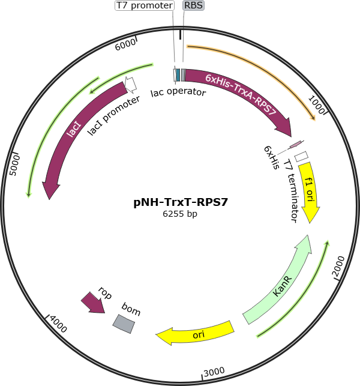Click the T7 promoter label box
(145, 5)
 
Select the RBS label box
(193, 5)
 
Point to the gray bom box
(124, 324)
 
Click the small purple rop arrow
(93, 303)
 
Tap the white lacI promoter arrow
(131, 85)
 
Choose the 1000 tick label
(317, 105)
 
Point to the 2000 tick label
(338, 267)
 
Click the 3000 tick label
(214, 372)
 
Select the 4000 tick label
(58, 324)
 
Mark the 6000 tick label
(125, 45)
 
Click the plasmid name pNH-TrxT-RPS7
(181, 202)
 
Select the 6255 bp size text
(180, 214)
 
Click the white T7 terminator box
(301, 157)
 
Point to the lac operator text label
(178, 92)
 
